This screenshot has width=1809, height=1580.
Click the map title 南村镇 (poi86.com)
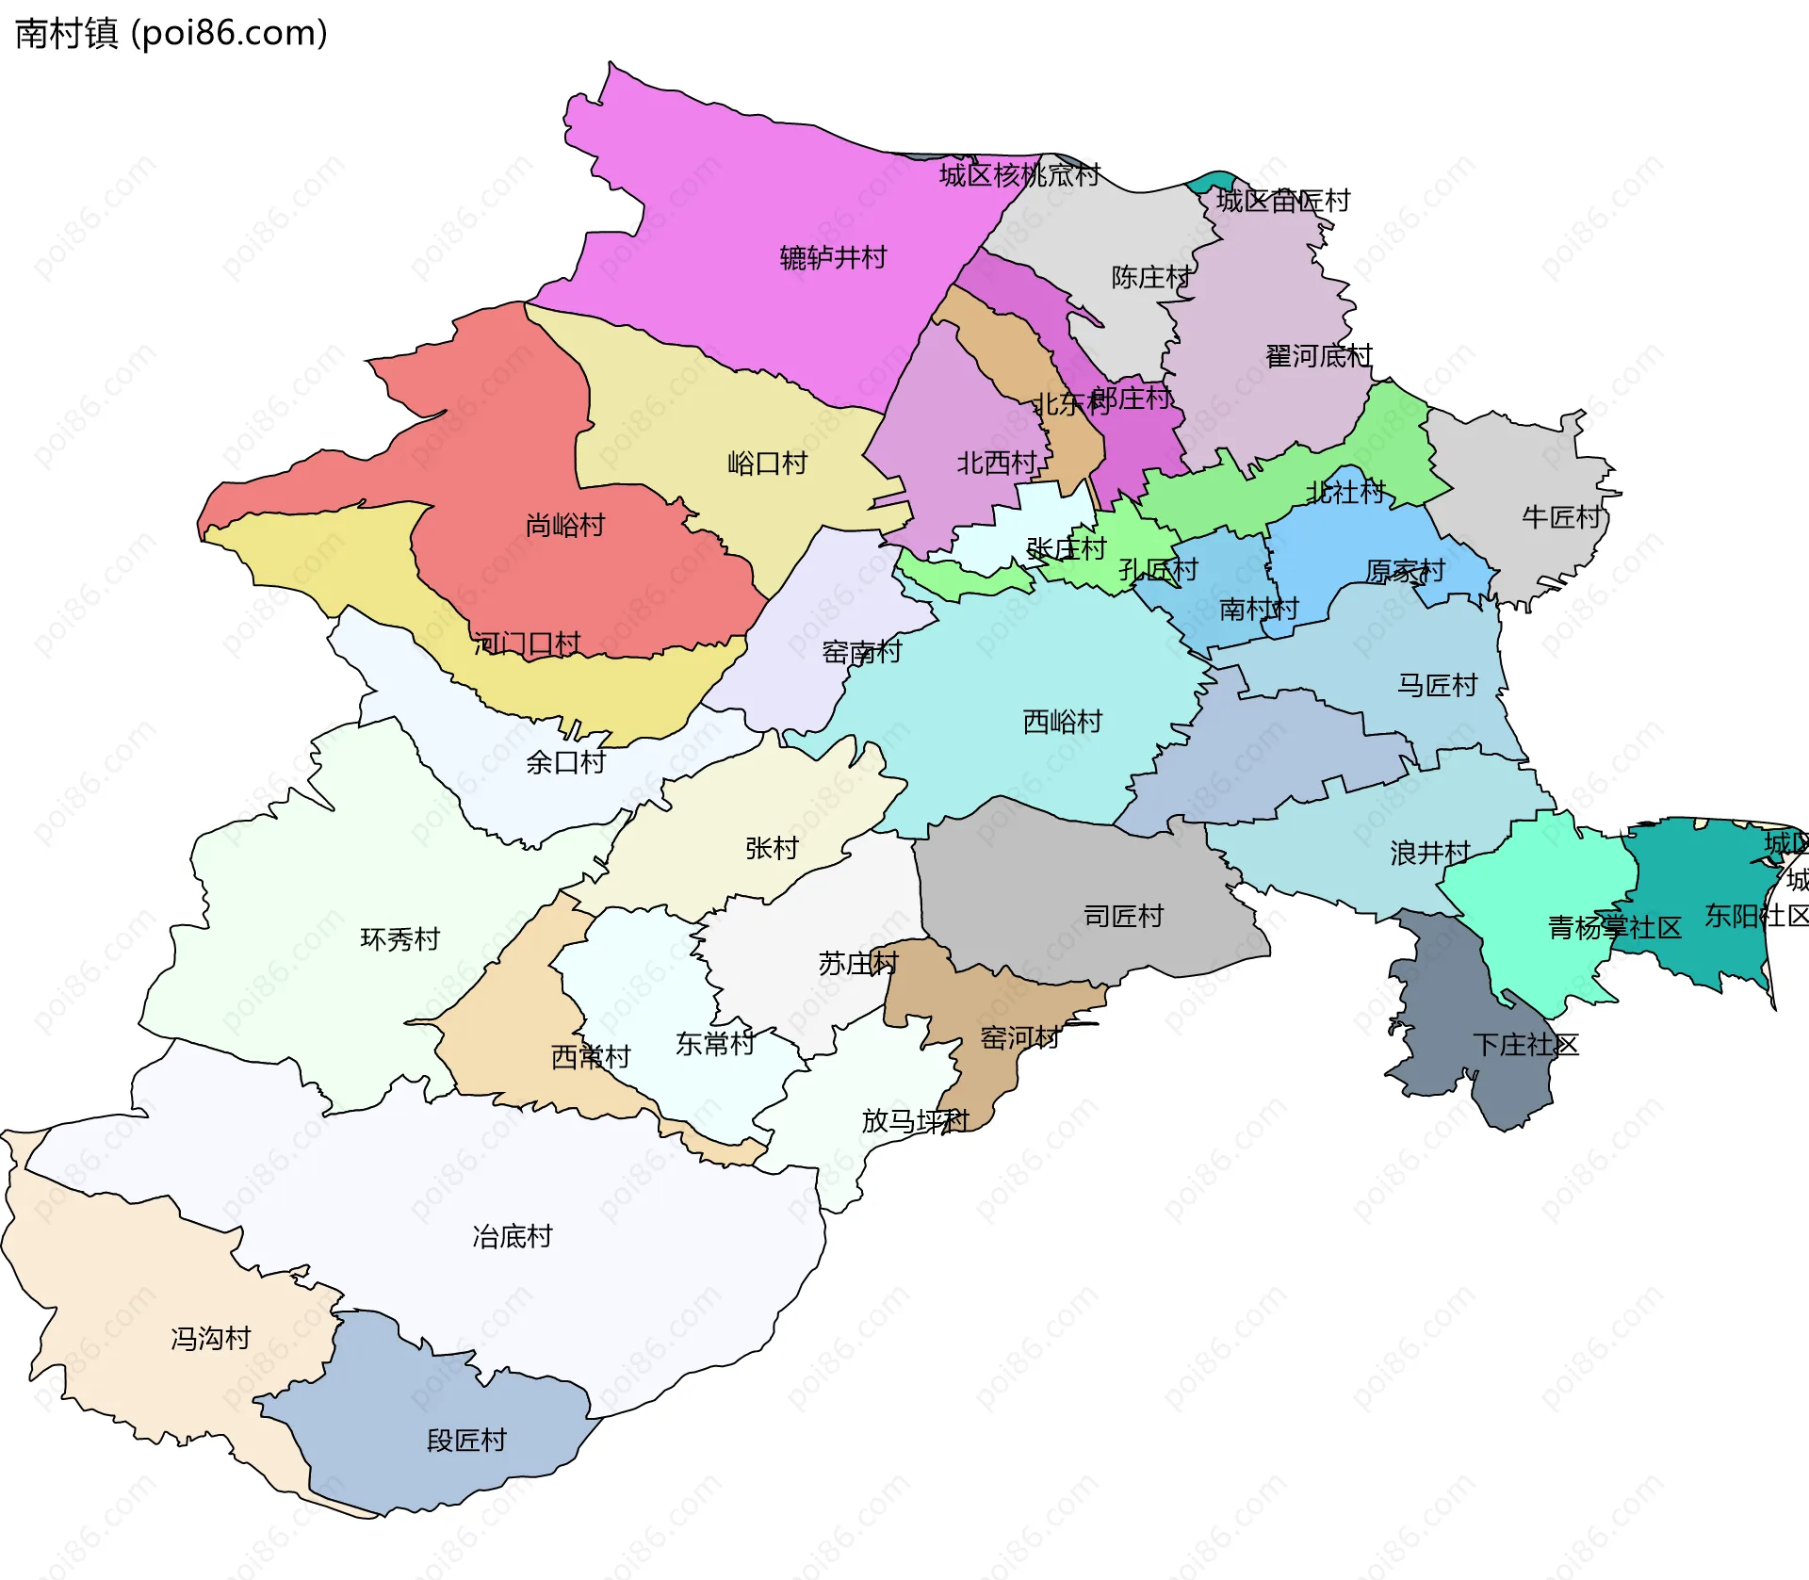pos(171,33)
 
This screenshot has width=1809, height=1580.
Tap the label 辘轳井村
pos(833,257)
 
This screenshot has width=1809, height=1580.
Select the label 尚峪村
pos(564,525)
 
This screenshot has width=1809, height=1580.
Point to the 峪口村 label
pos(767,463)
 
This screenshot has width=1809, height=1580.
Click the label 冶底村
pos(512,1236)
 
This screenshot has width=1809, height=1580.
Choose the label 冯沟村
pos(210,1338)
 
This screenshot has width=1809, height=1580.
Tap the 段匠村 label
pos(466,1440)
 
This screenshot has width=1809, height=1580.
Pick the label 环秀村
pos(399,938)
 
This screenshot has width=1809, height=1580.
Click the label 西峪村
pos(1062,721)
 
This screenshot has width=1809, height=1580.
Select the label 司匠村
pos(1123,915)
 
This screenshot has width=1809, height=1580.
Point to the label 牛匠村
pos(1561,516)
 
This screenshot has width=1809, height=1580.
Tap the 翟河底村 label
pos(1318,356)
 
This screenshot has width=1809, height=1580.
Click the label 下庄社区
pos(1524,1044)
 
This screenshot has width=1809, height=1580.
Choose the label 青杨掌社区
pos(1614,927)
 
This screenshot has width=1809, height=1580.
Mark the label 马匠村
pos(1437,685)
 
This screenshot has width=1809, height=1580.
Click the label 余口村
pos(565,761)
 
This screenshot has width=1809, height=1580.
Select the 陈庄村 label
pos(1150,277)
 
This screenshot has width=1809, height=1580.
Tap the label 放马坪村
pos(914,1120)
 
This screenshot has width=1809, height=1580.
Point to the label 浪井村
pos(1429,853)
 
